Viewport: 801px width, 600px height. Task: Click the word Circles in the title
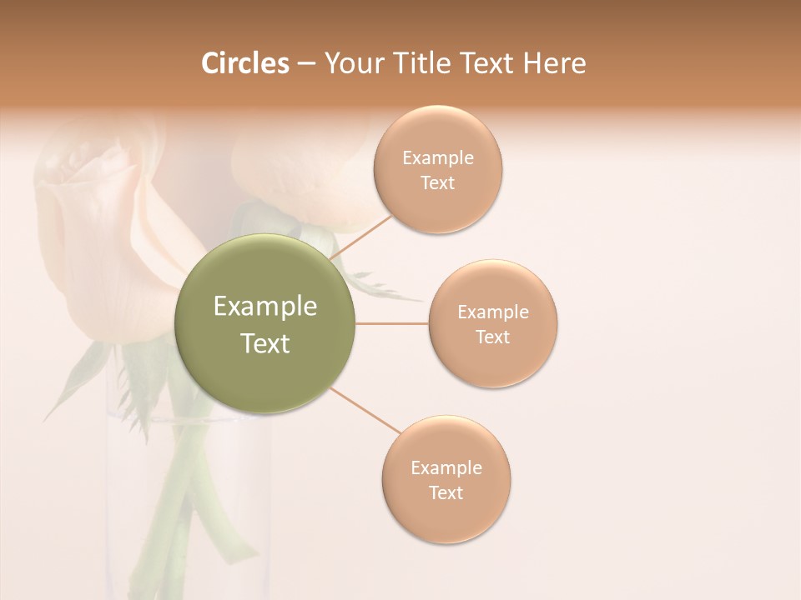pyautogui.click(x=245, y=63)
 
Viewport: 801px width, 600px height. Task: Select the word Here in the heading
pyautogui.click(x=554, y=63)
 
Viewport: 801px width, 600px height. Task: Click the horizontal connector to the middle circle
pyautogui.click(x=392, y=324)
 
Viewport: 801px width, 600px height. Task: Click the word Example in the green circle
pyautogui.click(x=265, y=307)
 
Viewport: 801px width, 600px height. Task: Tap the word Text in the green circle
pyautogui.click(x=265, y=343)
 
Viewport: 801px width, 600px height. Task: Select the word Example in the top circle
pyautogui.click(x=438, y=158)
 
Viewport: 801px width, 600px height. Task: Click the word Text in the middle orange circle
pyautogui.click(x=493, y=337)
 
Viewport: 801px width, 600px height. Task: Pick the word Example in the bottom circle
pyautogui.click(x=446, y=468)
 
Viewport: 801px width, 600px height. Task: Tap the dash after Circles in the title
pyautogui.click(x=306, y=64)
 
